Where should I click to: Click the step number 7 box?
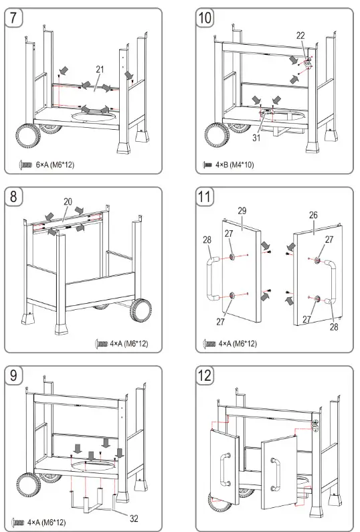pos(13,17)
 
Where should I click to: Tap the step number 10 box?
pos(205,17)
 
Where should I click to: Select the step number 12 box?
pos(205,375)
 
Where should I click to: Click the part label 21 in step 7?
pos(100,70)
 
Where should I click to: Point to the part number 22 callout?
pos(300,35)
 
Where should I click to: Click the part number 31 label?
pos(256,137)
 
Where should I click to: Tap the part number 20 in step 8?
pos(68,201)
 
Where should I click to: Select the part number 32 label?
pos(134,519)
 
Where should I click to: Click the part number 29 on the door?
pos(242,211)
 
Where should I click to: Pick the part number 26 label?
pos(313,215)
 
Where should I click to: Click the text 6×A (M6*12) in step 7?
pos(55,165)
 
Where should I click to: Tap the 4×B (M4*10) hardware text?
pos(234,165)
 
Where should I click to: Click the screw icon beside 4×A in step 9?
pos(18,523)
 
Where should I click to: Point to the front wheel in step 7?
pos(28,136)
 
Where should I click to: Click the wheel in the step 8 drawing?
pos(141,311)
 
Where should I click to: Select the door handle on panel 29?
pos(211,279)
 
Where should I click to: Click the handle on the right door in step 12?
pos(275,474)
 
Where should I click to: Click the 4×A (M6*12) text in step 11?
pos(238,344)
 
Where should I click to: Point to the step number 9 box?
pos(13,375)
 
